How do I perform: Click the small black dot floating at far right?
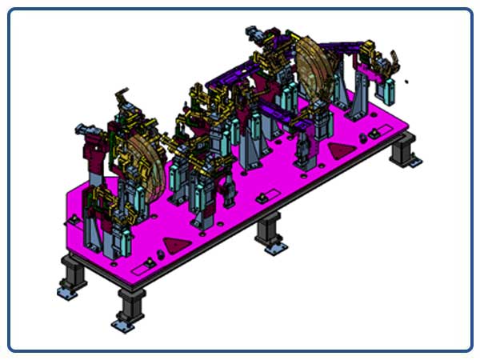tap(408, 81)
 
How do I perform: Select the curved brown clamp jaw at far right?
tap(394, 60)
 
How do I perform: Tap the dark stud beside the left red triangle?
tap(159, 254)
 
